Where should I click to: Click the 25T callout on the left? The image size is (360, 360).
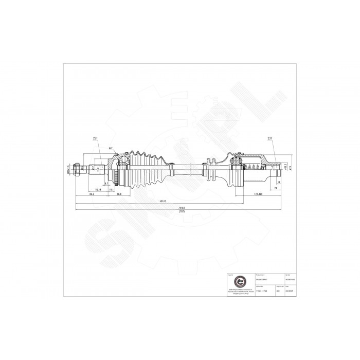point(96,139)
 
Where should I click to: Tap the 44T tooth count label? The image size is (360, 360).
point(110,148)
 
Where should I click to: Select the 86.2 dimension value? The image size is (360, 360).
point(92,195)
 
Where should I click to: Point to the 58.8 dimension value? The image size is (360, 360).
point(118,195)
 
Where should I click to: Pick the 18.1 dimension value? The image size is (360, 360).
point(112,190)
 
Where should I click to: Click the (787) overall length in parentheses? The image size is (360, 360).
point(182,211)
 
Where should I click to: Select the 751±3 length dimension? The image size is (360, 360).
point(182,207)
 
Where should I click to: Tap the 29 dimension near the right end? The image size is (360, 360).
point(277,189)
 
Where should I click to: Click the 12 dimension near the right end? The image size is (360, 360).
point(278,182)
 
